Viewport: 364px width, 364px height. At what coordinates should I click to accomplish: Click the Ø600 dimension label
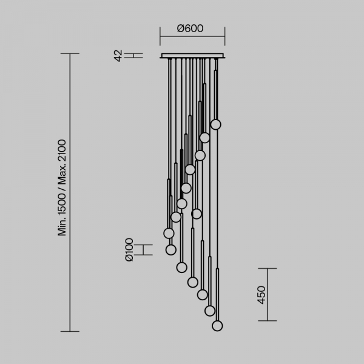click(x=190, y=29)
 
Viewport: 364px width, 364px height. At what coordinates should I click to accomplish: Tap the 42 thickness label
click(x=118, y=55)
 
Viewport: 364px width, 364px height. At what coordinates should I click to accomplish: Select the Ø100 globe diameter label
click(x=129, y=250)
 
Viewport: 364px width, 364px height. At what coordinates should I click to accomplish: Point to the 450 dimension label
click(x=261, y=295)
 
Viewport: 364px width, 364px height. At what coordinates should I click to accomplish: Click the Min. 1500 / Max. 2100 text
click(x=62, y=187)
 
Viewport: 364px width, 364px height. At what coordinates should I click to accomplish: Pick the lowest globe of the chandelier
click(x=217, y=326)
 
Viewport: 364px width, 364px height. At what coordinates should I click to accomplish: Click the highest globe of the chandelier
click(x=215, y=124)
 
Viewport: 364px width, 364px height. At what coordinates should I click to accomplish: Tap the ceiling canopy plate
click(x=192, y=56)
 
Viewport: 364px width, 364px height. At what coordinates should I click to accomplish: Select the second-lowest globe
click(x=210, y=311)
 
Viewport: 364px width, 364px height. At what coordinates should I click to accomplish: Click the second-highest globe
click(x=205, y=138)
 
